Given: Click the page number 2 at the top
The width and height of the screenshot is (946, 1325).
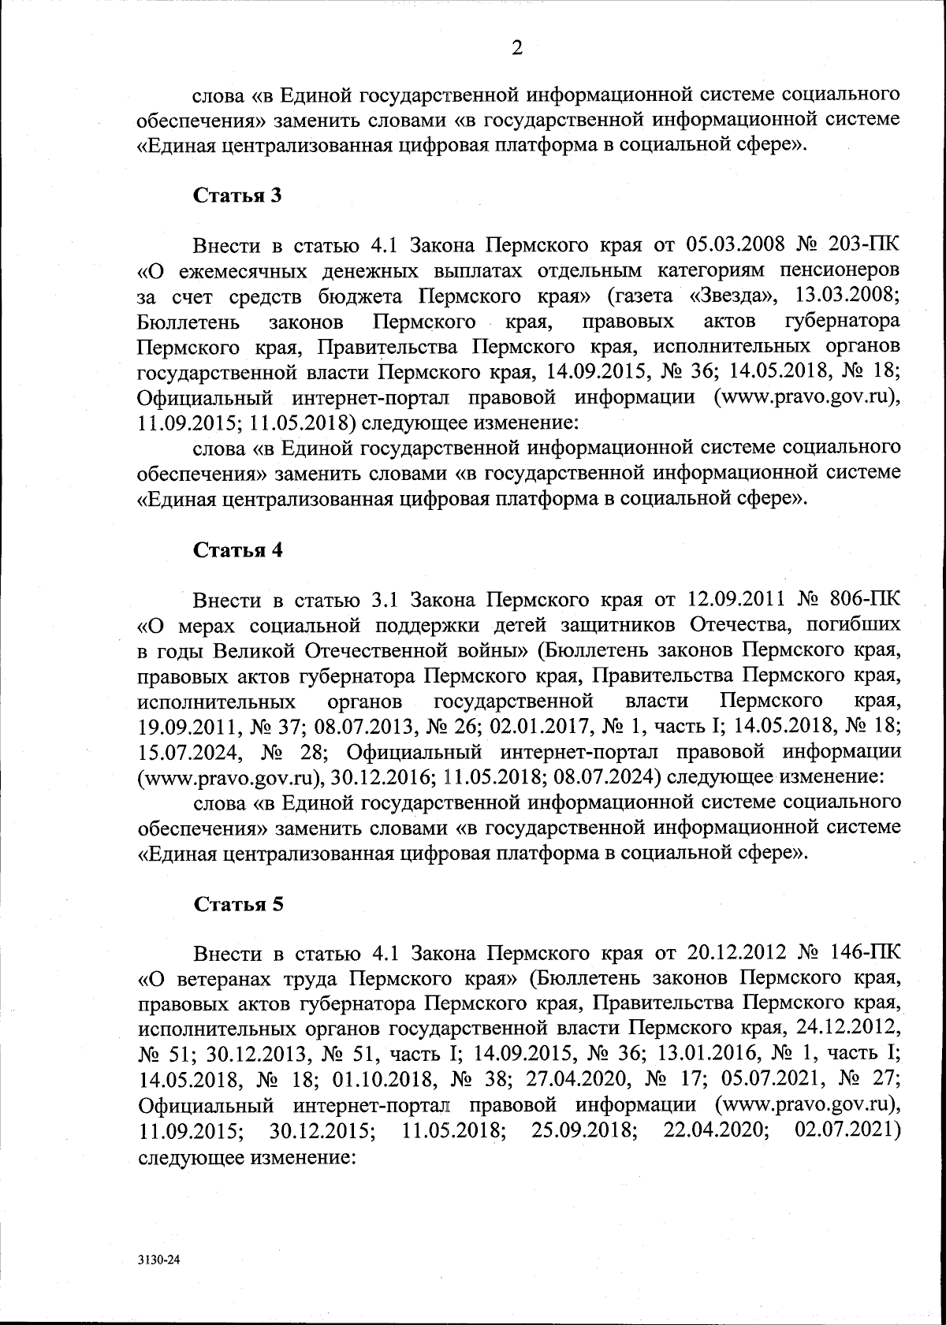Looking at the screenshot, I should (x=517, y=49).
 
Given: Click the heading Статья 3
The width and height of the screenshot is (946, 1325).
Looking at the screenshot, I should (x=238, y=195).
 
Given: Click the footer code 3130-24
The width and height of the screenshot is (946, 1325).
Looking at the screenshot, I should (x=158, y=1260).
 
